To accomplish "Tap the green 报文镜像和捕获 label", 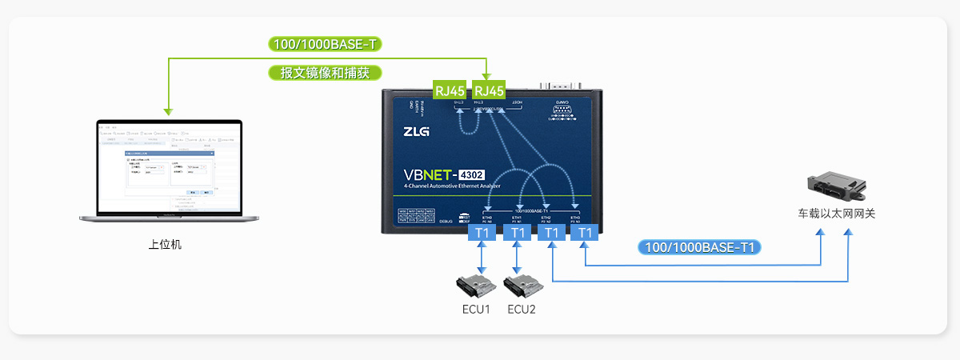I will point(324,73).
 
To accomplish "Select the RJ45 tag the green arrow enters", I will point(489,90).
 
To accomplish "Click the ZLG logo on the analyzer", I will point(416,130).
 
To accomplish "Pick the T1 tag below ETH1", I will point(517,233).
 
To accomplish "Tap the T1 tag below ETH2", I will point(550,233).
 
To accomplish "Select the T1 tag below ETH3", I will point(585,233).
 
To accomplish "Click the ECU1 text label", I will point(476,310).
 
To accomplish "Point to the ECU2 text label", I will point(522,310).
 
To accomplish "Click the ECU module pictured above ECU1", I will point(478,286).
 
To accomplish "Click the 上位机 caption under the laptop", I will point(165,244).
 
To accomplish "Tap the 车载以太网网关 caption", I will point(836,214).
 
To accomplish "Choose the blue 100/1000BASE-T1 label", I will point(699,247).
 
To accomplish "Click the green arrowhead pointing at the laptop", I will point(166,110).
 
